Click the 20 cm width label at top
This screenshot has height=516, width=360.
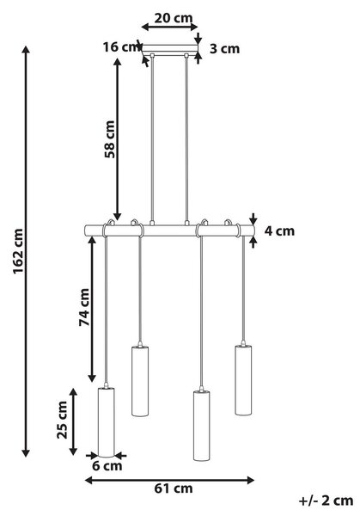coord(174,18)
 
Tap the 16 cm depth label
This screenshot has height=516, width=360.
coord(121,47)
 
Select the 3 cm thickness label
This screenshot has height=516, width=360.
coord(225,49)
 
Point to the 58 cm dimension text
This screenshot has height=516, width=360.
coord(110,139)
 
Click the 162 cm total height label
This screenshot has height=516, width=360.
coord(18,251)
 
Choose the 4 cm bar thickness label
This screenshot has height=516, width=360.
coord(279,230)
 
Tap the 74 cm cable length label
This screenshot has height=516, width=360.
coord(84,307)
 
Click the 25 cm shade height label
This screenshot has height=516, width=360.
coord(62,420)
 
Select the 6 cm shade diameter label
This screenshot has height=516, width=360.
coord(107,465)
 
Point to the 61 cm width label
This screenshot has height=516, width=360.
coord(174,488)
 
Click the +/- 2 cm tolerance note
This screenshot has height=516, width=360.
coord(326,501)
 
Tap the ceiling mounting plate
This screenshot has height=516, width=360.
coord(170,48)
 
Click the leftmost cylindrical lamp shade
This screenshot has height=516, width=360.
coord(107,422)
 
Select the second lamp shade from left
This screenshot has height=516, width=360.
coord(140,381)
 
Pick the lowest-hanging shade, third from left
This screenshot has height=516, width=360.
coord(202,426)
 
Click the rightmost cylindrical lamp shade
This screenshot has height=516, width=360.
coord(243,380)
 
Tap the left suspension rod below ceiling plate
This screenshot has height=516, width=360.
coord(152,138)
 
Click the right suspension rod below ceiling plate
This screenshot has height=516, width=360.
coord(186,138)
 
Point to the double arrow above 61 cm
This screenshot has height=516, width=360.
coord(169,480)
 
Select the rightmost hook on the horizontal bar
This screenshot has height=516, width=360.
coord(228,223)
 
